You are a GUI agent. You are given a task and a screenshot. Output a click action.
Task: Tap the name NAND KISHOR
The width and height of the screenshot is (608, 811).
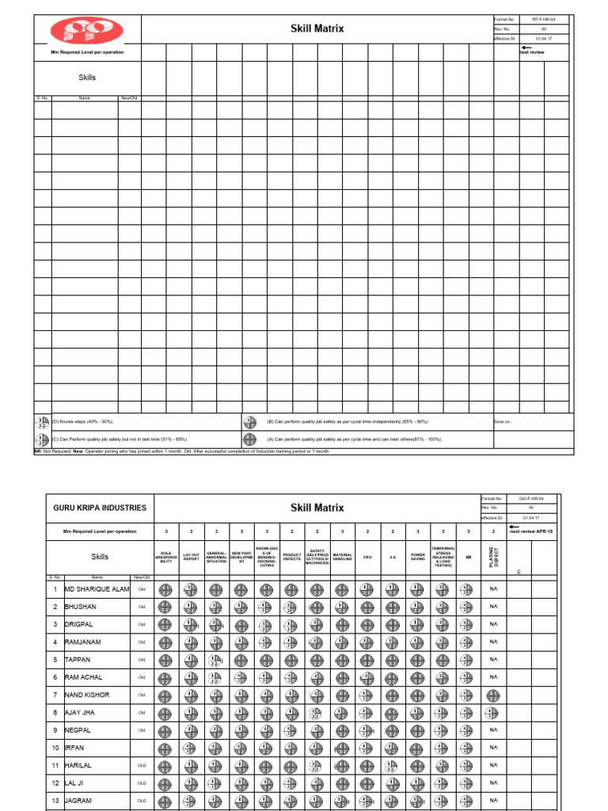click(87, 695)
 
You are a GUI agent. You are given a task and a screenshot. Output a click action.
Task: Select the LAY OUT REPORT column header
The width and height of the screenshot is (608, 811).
click(191, 557)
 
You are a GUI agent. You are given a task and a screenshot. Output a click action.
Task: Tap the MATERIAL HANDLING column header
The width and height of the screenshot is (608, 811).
click(342, 557)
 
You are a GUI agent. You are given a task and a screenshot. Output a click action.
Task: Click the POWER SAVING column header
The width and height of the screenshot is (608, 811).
click(417, 557)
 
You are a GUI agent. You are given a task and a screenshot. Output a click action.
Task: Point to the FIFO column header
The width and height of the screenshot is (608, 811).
click(367, 557)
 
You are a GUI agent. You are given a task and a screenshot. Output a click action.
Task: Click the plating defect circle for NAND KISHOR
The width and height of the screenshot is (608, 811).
click(493, 695)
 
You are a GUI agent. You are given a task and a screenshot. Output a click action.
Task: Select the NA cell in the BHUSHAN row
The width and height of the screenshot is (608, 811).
click(493, 607)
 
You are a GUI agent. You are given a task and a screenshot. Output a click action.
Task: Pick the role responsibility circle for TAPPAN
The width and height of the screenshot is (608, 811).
click(165, 660)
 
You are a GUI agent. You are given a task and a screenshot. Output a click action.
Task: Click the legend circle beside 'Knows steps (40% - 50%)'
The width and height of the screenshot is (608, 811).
click(41, 422)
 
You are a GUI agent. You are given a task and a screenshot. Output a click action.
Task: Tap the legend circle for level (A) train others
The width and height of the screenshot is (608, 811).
click(250, 439)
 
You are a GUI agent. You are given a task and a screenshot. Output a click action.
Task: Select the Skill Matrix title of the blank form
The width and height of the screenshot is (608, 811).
click(317, 29)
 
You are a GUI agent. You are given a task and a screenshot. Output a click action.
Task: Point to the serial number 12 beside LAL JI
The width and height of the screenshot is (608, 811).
click(55, 782)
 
